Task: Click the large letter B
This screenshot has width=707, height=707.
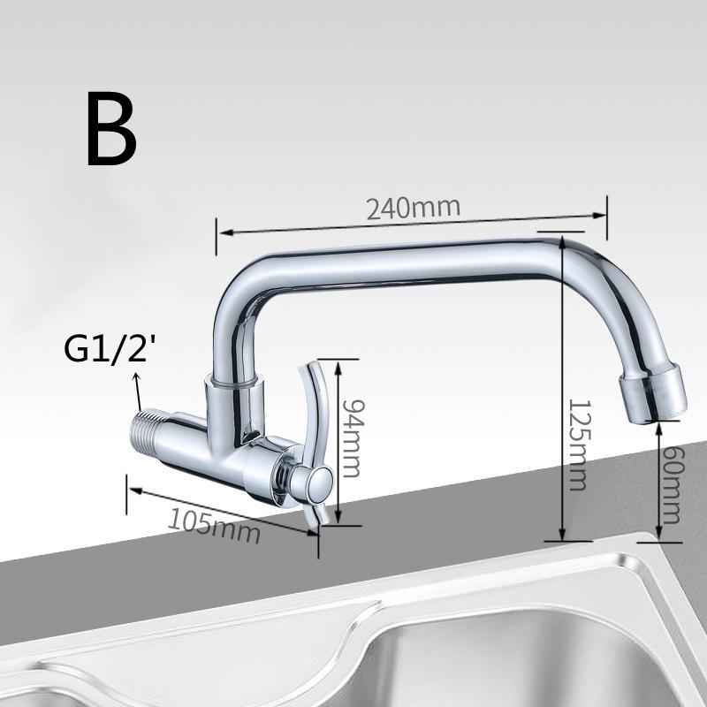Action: (x=111, y=130)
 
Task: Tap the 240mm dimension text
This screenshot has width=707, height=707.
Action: (x=414, y=209)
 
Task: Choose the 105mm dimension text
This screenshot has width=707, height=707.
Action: (x=214, y=528)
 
